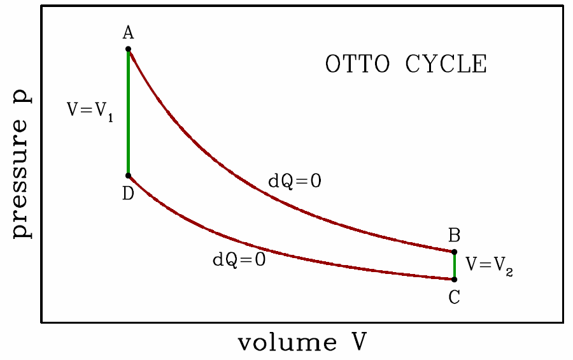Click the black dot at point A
pos(128,49)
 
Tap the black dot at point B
pos(455,252)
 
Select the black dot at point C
pos(455,279)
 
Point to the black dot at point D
pos(128,175)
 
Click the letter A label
pos(128,33)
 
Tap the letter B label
pos(455,236)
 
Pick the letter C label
pos(455,296)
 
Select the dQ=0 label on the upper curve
pos(294,182)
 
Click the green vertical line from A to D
pos(128,112)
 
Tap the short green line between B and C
pos(455,266)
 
